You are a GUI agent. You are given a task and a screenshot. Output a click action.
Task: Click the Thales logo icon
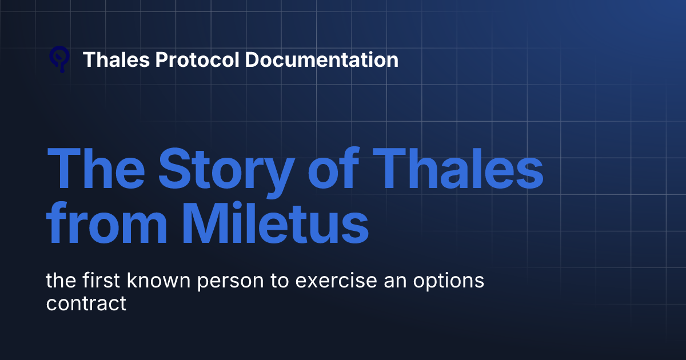coord(59,59)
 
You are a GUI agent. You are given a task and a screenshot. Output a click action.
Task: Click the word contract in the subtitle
coord(86,303)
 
